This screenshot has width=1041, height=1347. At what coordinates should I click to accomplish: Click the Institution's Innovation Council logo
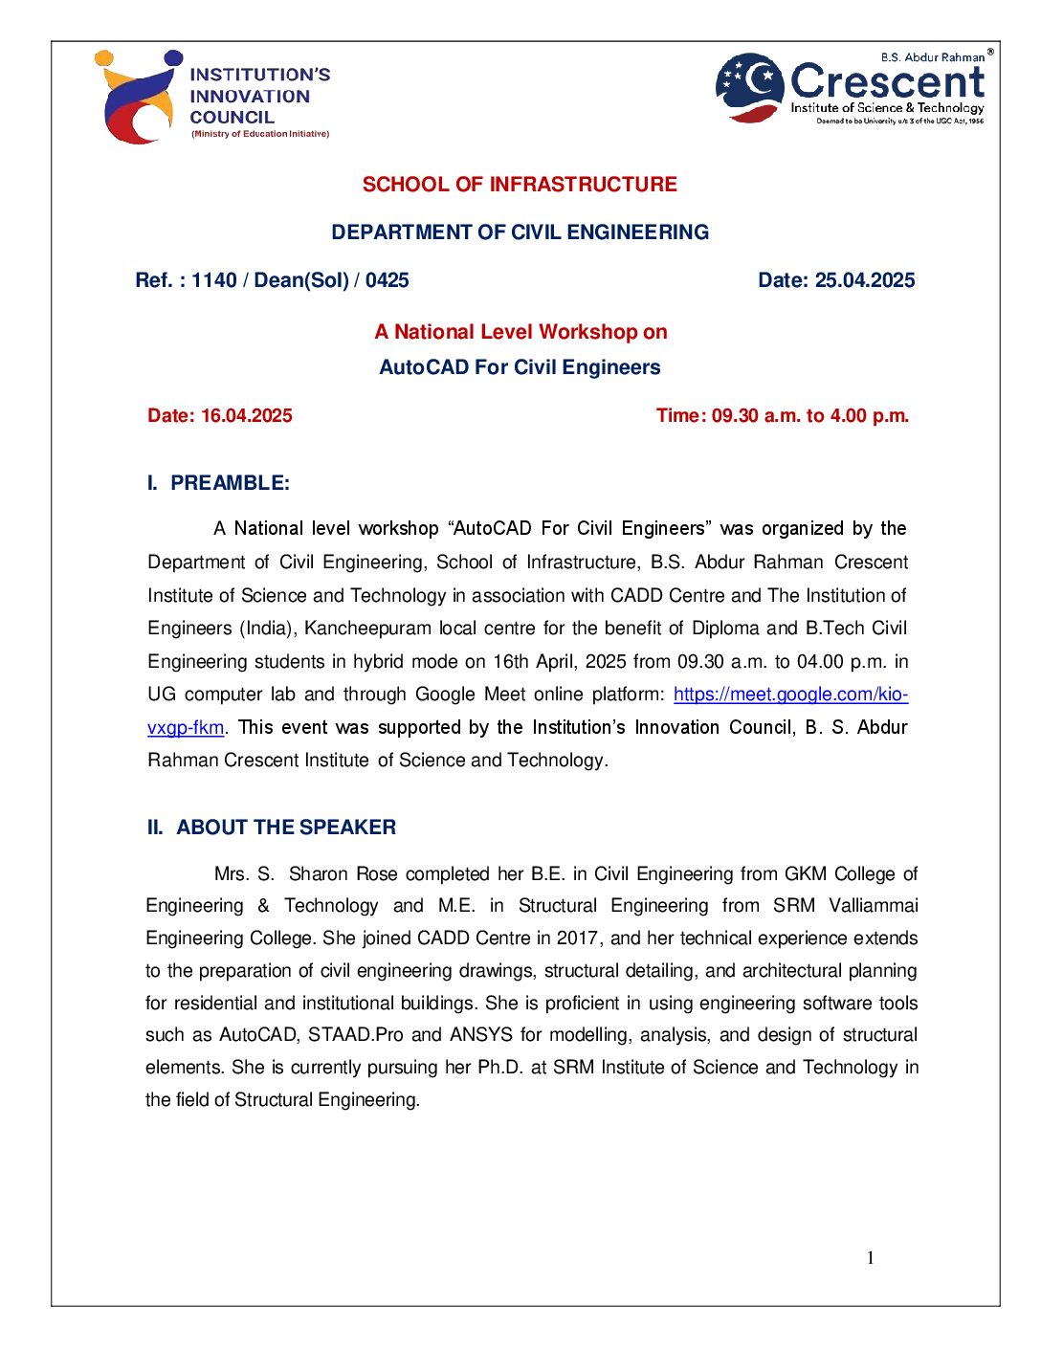[x=211, y=97]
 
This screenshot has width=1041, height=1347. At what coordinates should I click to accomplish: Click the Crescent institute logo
[x=852, y=88]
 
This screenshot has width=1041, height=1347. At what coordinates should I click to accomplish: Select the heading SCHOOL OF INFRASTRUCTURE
[x=520, y=185]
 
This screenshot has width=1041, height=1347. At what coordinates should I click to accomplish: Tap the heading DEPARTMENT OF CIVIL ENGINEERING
[x=520, y=232]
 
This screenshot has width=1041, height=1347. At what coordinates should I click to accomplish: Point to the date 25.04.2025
[x=864, y=280]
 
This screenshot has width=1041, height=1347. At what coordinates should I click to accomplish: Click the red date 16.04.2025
[x=246, y=416]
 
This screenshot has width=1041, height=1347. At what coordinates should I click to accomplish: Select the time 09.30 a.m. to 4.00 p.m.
[x=809, y=416]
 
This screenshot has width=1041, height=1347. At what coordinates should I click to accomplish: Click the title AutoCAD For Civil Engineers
[x=520, y=367]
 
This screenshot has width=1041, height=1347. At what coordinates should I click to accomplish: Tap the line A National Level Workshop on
[x=520, y=332]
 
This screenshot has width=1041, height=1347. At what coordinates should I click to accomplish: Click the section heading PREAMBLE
[x=230, y=483]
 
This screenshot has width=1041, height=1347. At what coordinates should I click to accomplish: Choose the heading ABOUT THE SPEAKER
[x=285, y=828]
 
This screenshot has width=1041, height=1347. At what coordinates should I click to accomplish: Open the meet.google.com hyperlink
[x=790, y=695]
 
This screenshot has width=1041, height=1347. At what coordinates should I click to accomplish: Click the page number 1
[x=871, y=1258]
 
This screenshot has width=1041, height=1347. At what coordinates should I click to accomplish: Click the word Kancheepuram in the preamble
[x=368, y=629]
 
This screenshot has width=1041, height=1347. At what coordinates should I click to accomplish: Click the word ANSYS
[x=482, y=1035]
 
